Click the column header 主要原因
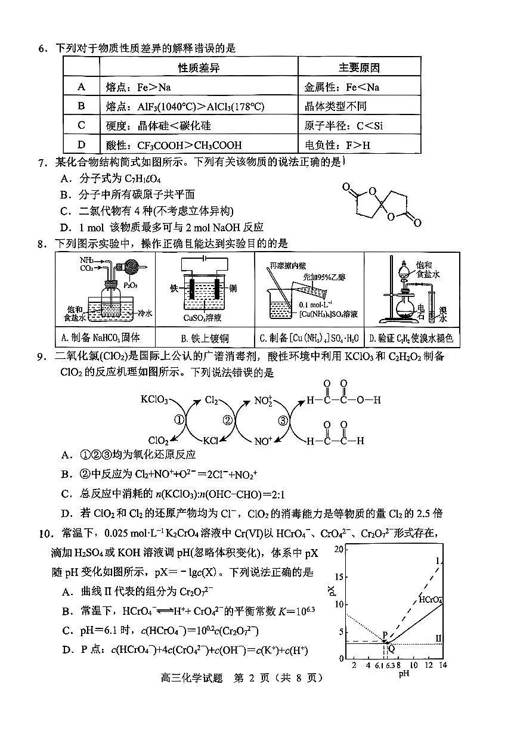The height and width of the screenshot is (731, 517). click(359, 67)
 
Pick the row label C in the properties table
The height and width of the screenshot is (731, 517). click(82, 125)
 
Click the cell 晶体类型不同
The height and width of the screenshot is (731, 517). click(336, 106)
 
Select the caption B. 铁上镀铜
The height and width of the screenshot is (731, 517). click(204, 338)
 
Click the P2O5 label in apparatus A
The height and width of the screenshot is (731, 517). click(131, 286)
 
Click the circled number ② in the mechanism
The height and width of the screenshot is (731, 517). click(228, 420)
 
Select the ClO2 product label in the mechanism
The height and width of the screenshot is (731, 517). click(159, 441)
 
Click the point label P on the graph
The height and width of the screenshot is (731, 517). click(385, 635)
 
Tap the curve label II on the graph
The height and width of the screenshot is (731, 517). click(438, 639)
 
